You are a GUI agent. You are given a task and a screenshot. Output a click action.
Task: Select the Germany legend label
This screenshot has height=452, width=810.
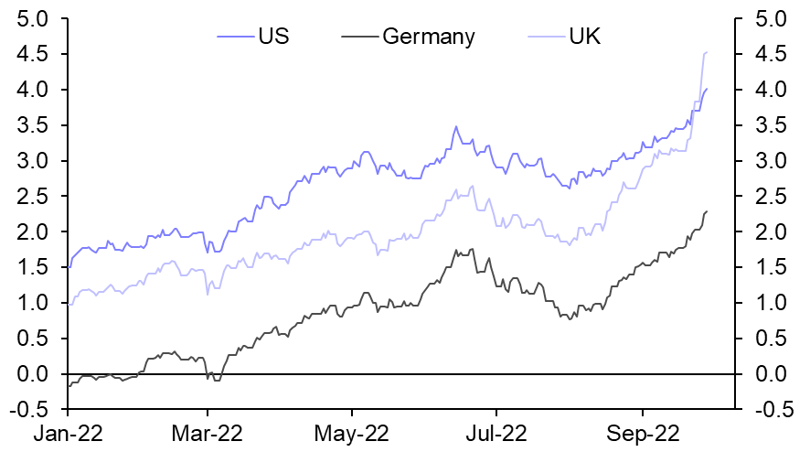click(429, 37)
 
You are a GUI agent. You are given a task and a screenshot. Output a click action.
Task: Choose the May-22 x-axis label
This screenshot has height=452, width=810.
click(352, 432)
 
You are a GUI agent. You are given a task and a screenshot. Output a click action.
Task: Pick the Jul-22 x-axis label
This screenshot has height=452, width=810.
click(496, 432)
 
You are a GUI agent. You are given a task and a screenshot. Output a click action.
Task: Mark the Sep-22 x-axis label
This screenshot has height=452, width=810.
click(642, 432)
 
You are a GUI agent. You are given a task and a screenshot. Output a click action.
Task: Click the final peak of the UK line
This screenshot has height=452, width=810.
click(707, 52)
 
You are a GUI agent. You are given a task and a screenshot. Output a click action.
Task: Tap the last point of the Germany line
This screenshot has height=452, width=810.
click(707, 211)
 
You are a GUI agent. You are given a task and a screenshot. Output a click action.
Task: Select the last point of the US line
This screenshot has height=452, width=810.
click(707, 89)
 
